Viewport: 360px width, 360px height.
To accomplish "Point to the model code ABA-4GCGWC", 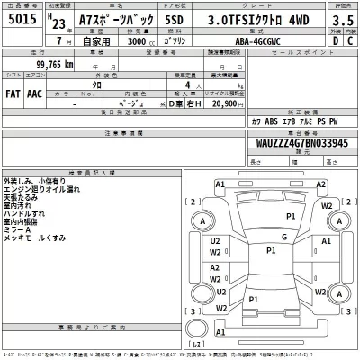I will tap(272, 40).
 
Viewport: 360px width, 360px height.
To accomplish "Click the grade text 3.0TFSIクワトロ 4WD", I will tap(269, 20).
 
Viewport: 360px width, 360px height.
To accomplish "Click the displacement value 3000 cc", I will tap(133, 40).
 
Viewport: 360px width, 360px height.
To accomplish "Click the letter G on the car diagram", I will tap(283, 236).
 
